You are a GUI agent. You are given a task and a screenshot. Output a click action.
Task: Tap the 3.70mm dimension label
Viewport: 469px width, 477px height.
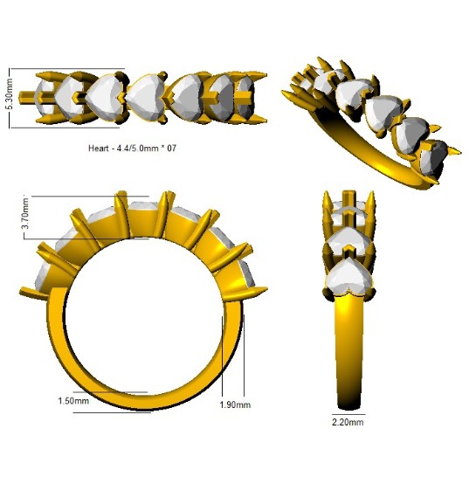[26, 213]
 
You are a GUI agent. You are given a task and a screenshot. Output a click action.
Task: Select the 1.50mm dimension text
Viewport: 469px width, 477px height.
[73, 401]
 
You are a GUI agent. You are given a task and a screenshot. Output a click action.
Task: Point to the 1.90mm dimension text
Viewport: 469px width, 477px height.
[235, 404]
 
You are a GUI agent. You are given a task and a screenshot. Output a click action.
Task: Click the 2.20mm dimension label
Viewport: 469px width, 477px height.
[348, 422]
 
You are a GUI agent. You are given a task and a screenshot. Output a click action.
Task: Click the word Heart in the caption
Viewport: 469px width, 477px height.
[98, 149]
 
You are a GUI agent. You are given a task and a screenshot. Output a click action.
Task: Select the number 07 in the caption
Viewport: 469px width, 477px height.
[171, 149]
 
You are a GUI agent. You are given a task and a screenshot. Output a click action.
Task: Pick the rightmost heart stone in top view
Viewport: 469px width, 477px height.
[246, 98]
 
